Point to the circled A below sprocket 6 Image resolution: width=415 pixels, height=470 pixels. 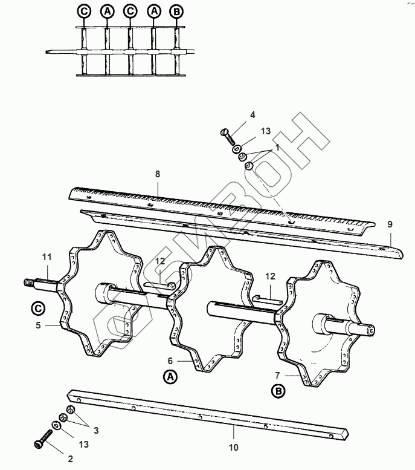point(171,376)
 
